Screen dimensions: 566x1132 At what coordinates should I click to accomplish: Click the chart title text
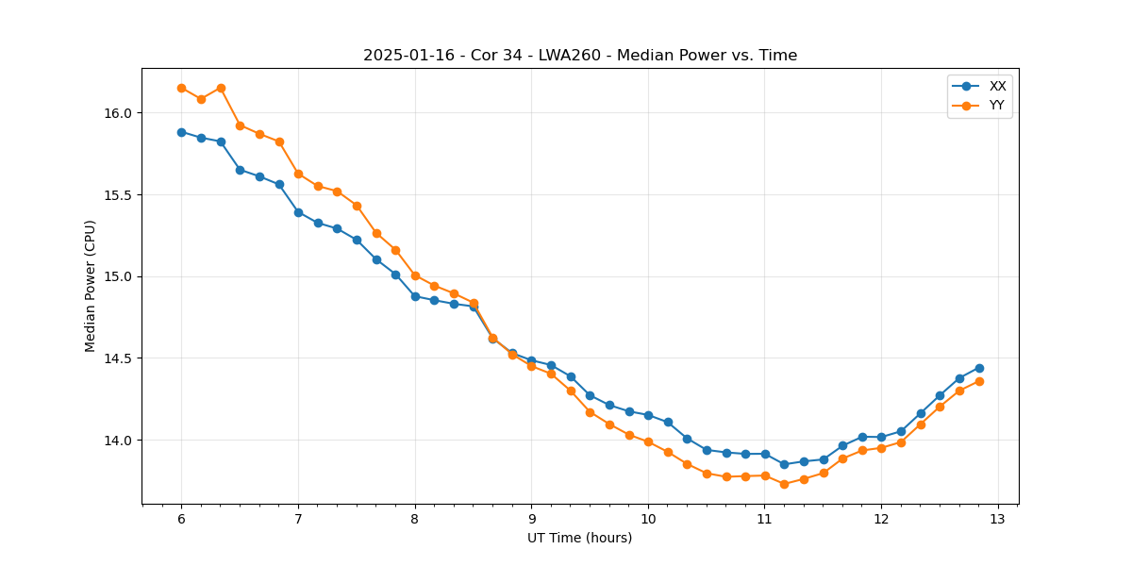click(x=580, y=56)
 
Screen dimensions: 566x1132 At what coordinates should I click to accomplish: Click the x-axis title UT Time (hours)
click(x=579, y=538)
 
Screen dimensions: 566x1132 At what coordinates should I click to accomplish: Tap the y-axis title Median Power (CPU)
click(x=91, y=286)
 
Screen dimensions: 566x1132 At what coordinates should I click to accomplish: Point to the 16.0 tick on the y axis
click(x=119, y=113)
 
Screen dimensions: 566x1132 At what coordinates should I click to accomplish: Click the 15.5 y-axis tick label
click(x=119, y=195)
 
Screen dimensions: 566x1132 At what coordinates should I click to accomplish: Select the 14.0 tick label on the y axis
click(x=119, y=441)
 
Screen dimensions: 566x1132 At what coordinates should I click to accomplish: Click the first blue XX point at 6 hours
click(x=181, y=132)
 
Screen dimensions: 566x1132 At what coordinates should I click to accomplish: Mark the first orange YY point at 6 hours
click(x=181, y=88)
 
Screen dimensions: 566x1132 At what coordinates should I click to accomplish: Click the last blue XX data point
click(x=979, y=368)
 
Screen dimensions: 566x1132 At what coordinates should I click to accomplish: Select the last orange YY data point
click(x=979, y=381)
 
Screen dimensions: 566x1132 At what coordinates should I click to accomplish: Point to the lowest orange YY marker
click(x=784, y=484)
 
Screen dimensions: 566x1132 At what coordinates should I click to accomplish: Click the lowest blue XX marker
click(x=784, y=464)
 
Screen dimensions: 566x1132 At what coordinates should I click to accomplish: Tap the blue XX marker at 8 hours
click(x=415, y=296)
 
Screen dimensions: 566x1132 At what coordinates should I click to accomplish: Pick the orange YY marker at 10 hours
click(x=648, y=441)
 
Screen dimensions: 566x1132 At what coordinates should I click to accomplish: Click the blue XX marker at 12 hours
click(x=881, y=437)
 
